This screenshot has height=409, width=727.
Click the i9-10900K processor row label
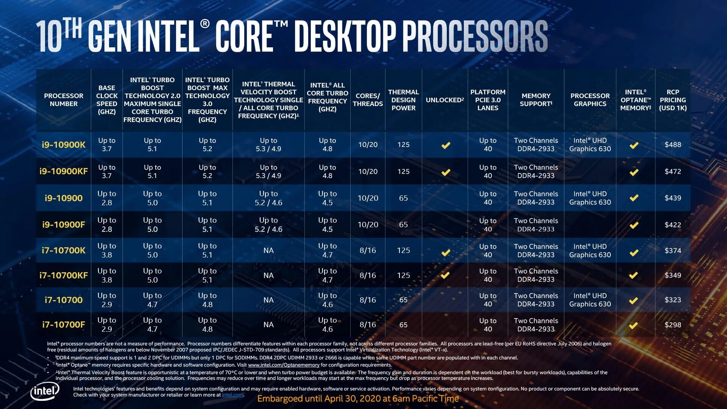tap(64, 145)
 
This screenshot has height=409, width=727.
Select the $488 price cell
tap(672, 145)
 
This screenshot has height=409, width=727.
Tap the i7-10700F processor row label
tap(64, 325)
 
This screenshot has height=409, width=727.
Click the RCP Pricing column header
tap(672, 100)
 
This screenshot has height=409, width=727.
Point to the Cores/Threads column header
tap(368, 100)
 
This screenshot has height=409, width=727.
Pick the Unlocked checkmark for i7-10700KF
tap(445, 275)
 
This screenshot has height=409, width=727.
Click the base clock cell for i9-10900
tap(107, 198)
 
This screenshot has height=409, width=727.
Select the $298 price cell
tap(672, 325)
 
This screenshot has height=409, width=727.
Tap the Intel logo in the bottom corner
tap(45, 391)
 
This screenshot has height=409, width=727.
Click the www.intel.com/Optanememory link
tap(284, 365)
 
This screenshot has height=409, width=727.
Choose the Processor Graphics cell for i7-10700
tap(590, 300)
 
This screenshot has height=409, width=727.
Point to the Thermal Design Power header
tap(403, 100)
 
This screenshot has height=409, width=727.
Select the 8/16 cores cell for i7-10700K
tap(368, 250)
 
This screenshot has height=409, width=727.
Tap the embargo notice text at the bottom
tap(358, 398)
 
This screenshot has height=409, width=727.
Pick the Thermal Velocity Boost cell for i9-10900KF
tap(268, 172)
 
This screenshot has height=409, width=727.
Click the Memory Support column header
tap(536, 100)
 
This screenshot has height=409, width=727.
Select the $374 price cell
tap(672, 250)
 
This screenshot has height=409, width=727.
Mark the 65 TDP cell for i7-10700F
tap(403, 325)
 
